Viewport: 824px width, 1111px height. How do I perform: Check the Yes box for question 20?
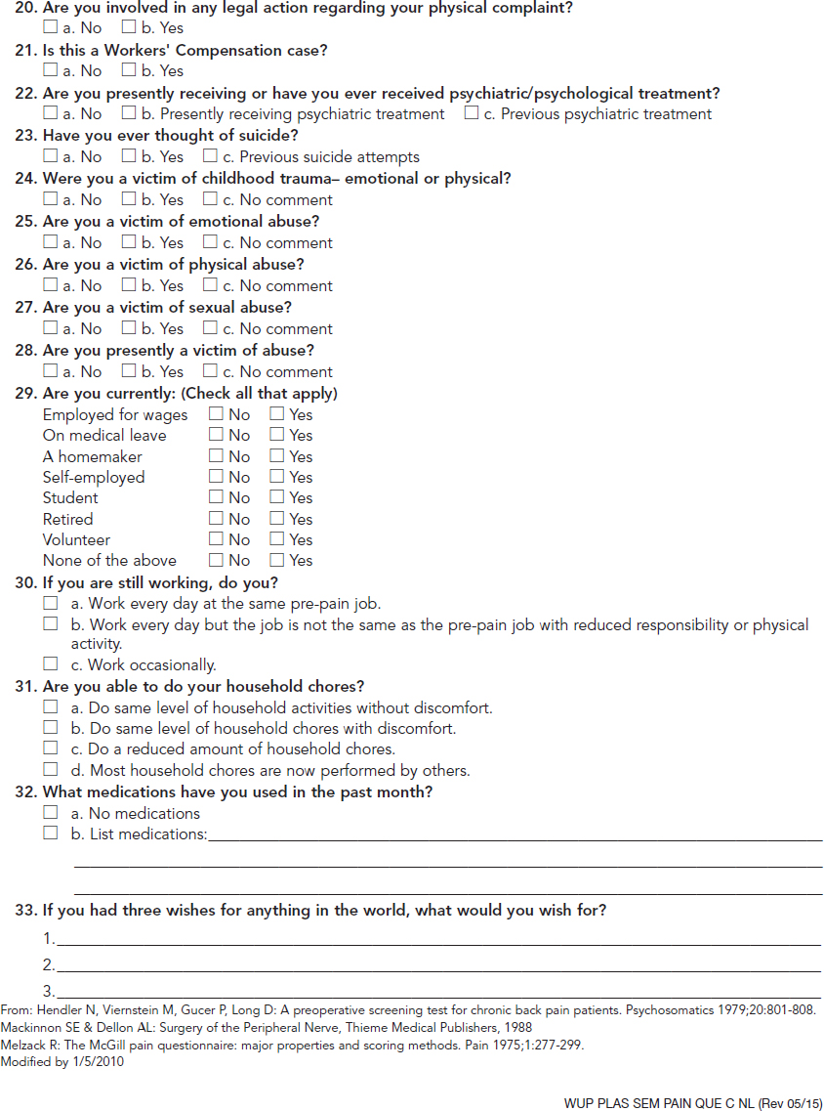coord(129,27)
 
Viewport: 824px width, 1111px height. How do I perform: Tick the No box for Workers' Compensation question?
coord(51,70)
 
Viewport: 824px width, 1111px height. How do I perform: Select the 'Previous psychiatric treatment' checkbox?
coord(472,113)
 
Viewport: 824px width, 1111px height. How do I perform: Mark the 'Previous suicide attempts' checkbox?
coord(210,156)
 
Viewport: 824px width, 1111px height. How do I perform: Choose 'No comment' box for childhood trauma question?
coord(210,199)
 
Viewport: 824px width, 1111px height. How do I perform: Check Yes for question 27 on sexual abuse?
coord(129,328)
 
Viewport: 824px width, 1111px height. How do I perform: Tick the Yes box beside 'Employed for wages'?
coord(277,414)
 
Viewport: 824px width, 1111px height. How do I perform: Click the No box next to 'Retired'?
coord(217,519)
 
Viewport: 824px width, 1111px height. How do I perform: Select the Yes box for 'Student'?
coord(277,497)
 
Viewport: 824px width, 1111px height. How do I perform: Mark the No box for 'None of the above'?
coord(217,560)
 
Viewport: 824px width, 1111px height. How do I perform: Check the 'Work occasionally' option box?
coord(51,664)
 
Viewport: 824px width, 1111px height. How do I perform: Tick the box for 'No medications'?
coord(51,812)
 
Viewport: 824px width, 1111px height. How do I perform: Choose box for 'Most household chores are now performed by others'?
coord(51,770)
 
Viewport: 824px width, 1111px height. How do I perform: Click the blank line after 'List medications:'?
coord(515,837)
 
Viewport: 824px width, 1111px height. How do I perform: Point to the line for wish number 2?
coord(438,968)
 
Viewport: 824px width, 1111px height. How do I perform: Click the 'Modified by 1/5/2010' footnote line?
coord(62,1062)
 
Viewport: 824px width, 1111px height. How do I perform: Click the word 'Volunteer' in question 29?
coord(76,539)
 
